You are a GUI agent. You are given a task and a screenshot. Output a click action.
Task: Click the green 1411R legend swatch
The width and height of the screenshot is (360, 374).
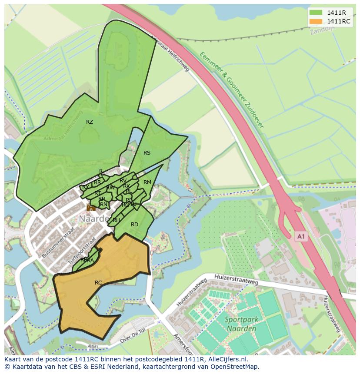tap(316, 12)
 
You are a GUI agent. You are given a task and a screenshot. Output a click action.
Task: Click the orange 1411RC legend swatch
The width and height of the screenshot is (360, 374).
tap(316, 21)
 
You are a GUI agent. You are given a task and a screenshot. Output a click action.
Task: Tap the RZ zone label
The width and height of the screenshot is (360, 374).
tap(90, 122)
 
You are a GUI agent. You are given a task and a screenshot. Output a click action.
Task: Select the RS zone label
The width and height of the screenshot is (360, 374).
tap(147, 153)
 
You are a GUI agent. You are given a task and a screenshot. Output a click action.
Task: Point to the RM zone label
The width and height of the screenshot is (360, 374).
tap(147, 182)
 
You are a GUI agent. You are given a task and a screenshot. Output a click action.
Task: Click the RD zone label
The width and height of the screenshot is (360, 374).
tap(135, 225)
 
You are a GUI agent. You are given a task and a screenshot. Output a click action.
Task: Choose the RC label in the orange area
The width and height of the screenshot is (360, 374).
tap(98, 283)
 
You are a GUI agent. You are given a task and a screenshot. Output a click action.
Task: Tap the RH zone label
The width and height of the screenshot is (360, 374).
tap(116, 220)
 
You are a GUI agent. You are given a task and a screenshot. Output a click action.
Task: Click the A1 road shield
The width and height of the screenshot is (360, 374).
tap(301, 236)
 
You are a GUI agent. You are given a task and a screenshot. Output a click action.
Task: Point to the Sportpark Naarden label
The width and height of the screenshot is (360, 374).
tap(242, 324)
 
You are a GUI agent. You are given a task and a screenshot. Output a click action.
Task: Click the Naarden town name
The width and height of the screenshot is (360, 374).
tap(93, 219)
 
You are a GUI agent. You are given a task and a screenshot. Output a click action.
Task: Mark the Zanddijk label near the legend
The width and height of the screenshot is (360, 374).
tap(321, 31)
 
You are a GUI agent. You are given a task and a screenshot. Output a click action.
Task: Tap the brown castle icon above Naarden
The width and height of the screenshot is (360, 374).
tap(91, 208)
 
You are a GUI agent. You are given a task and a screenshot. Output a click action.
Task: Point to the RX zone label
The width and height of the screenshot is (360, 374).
tap(86, 187)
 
